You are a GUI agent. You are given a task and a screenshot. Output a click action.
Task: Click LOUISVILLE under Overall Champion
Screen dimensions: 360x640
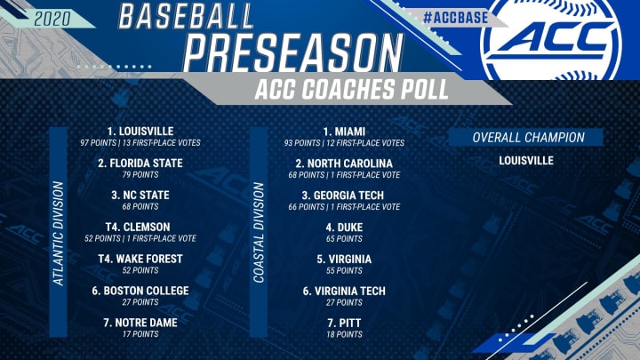click(527, 161)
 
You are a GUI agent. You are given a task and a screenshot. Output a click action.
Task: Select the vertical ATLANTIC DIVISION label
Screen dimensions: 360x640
click(59, 233)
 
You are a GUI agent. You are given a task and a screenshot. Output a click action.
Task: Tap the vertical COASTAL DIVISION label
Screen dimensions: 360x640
click(260, 233)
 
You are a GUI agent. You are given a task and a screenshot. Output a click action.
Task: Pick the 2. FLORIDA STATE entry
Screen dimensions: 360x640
click(140, 163)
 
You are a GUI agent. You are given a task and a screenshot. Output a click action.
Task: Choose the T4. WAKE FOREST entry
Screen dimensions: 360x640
click(140, 259)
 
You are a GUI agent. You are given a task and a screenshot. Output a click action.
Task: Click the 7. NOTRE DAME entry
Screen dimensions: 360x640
click(140, 323)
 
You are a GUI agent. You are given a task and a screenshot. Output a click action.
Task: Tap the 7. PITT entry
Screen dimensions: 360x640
click(343, 323)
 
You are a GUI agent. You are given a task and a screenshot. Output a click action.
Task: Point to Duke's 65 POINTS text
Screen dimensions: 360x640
click(343, 239)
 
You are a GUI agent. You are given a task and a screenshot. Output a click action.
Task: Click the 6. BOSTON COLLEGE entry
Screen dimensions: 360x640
click(140, 291)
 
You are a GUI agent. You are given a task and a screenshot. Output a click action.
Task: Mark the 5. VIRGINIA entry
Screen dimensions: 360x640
click(343, 259)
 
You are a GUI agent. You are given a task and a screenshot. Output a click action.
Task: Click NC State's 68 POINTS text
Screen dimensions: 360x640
click(140, 207)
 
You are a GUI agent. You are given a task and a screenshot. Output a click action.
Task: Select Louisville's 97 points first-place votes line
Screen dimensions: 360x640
click(140, 142)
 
